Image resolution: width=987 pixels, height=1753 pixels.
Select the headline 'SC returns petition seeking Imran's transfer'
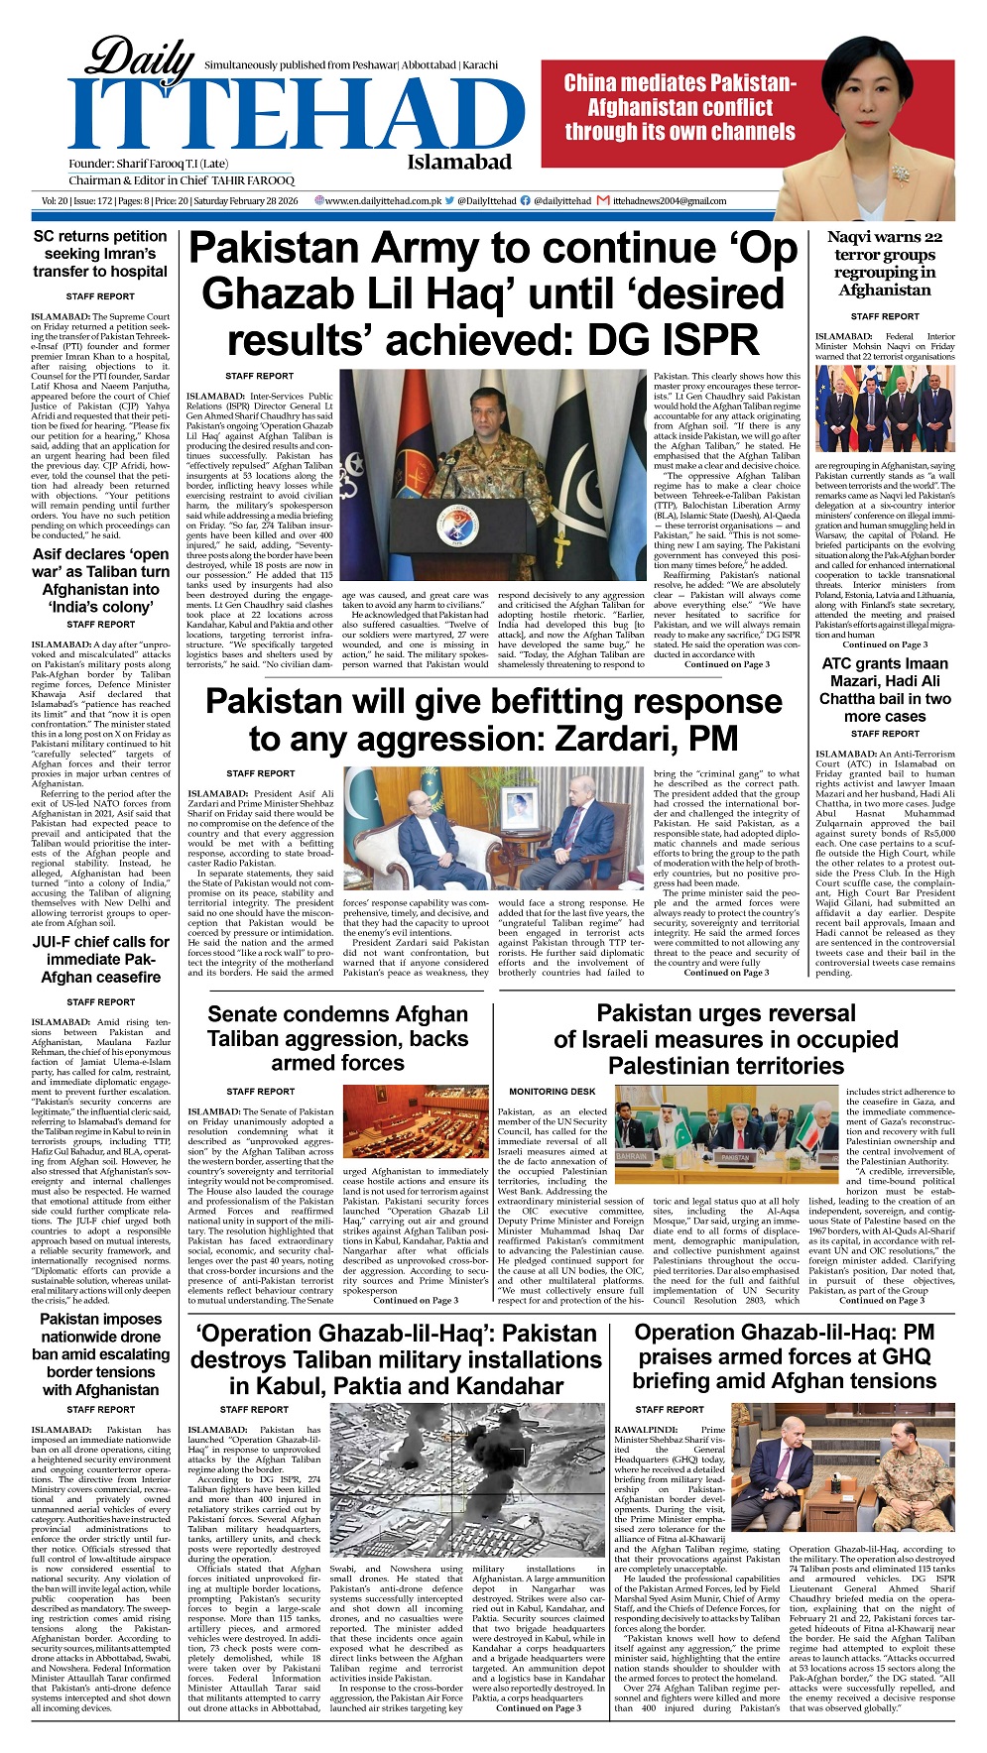pos(100,254)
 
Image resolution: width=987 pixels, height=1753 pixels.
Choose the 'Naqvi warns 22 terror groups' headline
pos(884,264)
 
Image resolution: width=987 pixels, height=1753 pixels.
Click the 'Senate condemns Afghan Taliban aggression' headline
pos(337,1038)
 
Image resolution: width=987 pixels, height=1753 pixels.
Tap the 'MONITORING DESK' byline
pos(539,1092)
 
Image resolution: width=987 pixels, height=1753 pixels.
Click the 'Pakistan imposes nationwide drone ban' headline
pos(100,1354)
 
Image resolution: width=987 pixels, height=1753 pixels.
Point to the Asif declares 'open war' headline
pos(100,580)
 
